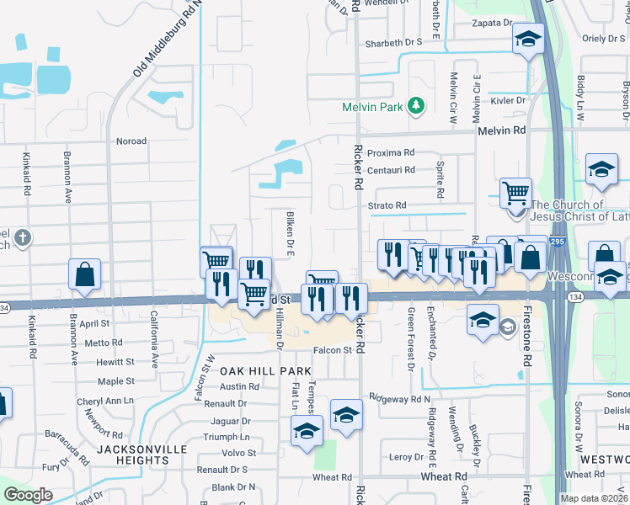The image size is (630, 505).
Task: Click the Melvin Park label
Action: pos(371,107)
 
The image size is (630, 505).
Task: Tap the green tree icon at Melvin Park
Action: pos(414,106)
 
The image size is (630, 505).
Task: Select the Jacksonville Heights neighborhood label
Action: pos(141,454)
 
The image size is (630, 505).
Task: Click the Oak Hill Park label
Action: pos(265,371)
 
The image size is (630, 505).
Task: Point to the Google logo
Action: pos(29,495)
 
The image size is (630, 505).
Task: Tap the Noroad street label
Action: pos(131,141)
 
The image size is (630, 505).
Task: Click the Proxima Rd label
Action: pos(391,153)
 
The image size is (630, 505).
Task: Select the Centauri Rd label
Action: pos(391,170)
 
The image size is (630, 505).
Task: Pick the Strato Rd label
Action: pos(387,205)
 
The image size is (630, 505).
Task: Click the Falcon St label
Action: pos(330,350)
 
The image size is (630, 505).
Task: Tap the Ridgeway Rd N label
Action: pos(399,399)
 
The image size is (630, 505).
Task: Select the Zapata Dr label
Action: pos(494,23)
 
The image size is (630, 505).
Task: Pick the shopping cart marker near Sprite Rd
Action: pos(515,192)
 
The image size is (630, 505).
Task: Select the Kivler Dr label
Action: pos(509,100)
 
